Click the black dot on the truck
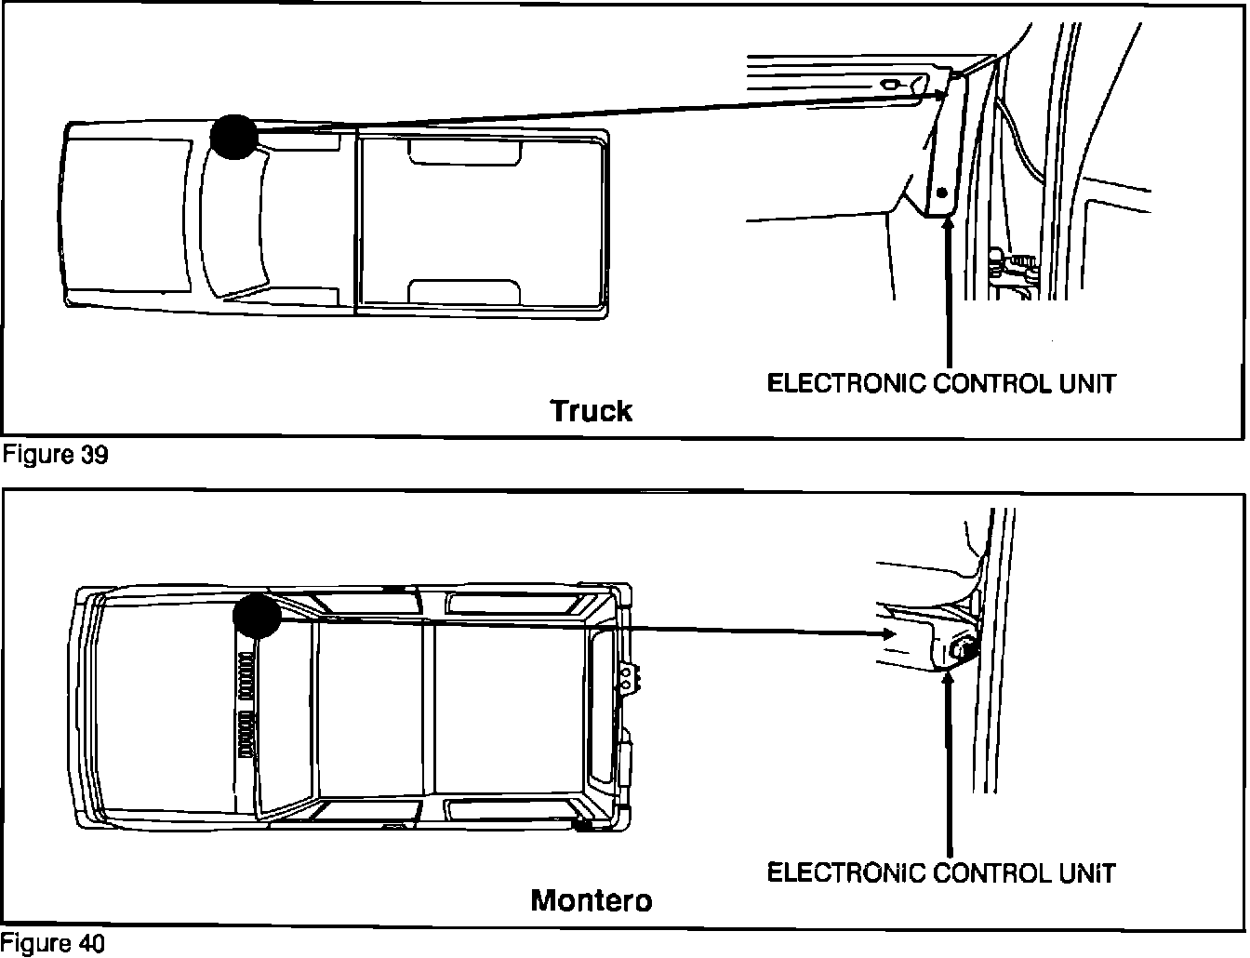click(x=233, y=137)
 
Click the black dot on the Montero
click(x=257, y=616)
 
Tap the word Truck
click(x=592, y=410)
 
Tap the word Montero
click(x=592, y=900)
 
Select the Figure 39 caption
click(x=56, y=455)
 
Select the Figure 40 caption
click(x=54, y=943)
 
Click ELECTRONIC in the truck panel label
click(x=846, y=382)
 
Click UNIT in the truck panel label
click(x=1086, y=382)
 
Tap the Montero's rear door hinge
click(x=632, y=678)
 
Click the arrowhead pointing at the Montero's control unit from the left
click(x=886, y=633)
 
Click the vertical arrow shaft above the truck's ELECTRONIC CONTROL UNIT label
click(x=949, y=298)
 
